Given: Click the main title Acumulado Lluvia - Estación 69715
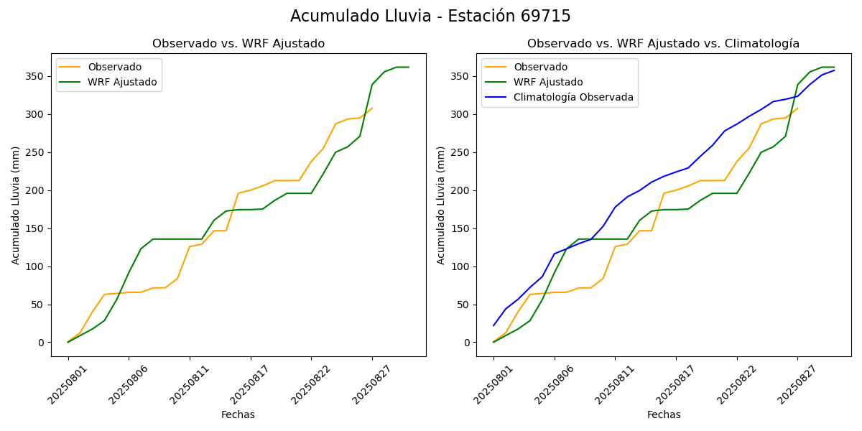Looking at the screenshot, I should click(x=430, y=17).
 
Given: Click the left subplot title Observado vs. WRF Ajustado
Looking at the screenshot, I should click(x=238, y=44).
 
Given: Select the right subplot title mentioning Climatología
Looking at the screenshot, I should click(x=663, y=44).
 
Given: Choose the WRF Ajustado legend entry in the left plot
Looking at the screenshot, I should click(x=122, y=82).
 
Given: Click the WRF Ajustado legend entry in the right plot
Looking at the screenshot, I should click(x=548, y=82).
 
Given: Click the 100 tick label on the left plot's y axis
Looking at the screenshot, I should click(x=37, y=267).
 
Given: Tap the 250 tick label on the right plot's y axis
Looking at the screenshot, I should click(x=462, y=152).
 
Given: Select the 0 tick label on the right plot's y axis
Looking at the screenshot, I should click(x=468, y=343).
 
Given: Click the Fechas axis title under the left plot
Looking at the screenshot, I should click(x=238, y=414).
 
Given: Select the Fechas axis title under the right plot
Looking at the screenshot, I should click(x=664, y=414).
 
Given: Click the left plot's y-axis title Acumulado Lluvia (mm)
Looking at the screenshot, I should click(x=16, y=205).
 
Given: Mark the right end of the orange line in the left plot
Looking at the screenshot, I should click(x=372, y=108).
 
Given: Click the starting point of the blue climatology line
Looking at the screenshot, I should click(x=493, y=325).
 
